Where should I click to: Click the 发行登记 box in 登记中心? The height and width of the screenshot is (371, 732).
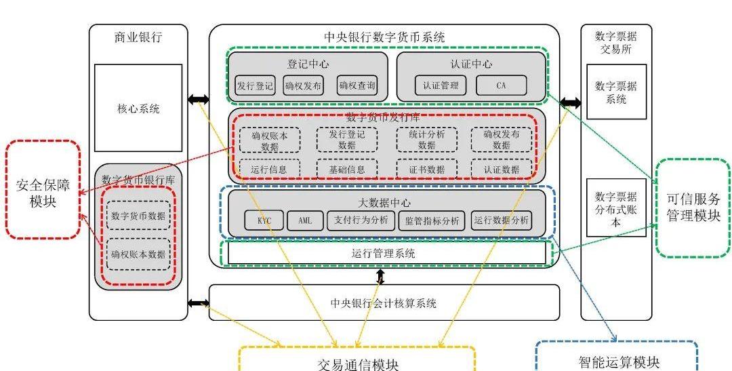[255, 86]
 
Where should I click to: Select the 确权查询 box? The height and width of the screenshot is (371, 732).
[357, 86]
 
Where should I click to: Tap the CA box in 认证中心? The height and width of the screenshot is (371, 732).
[501, 85]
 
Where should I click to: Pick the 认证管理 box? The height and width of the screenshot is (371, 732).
[441, 85]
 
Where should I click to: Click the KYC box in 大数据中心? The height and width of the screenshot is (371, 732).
[264, 220]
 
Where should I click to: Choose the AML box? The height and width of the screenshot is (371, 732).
[305, 220]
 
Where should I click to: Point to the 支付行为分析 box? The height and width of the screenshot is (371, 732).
[361, 220]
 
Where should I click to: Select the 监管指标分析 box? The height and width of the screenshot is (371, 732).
[432, 220]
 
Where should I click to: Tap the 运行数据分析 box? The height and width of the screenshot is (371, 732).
[502, 220]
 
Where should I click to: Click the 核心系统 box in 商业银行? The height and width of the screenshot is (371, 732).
[138, 108]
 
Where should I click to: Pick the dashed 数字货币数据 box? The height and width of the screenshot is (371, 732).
[138, 216]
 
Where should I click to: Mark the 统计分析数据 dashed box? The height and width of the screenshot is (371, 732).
[426, 139]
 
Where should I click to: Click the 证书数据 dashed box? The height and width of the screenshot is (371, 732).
[426, 169]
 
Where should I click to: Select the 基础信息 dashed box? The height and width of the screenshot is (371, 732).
[346, 169]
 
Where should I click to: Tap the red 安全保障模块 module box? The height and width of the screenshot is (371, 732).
[43, 190]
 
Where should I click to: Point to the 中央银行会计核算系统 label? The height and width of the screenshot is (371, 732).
[384, 303]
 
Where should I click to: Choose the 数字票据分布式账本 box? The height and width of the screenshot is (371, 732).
[616, 208]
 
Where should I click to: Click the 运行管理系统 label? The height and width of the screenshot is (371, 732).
[384, 253]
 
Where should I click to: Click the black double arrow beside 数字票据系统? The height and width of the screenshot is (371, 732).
[570, 103]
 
